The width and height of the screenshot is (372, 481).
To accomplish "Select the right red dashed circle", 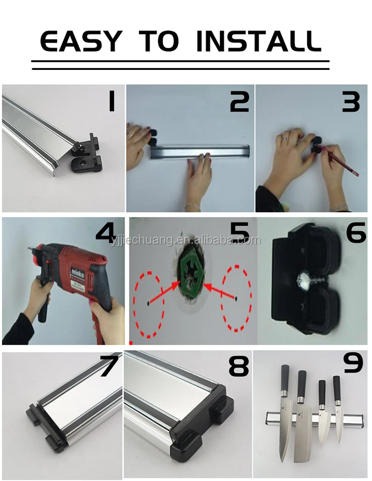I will (x=237, y=298).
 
